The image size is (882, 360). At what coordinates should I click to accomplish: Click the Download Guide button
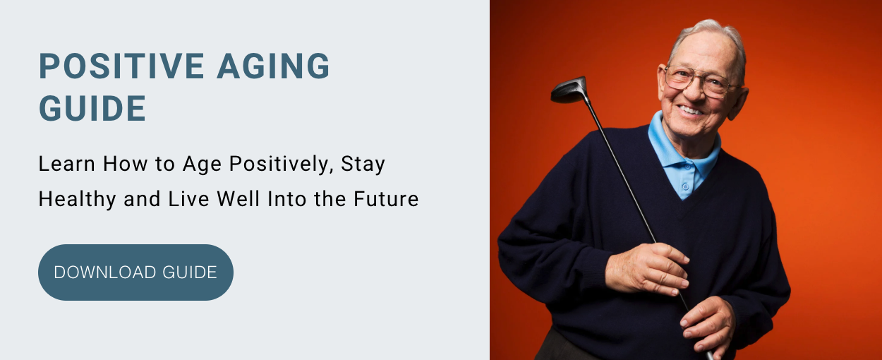coord(135,272)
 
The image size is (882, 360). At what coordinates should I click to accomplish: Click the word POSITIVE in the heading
coord(121,66)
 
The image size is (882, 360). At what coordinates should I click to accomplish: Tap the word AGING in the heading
coord(273,66)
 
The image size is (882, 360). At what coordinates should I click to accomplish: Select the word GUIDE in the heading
coord(92,108)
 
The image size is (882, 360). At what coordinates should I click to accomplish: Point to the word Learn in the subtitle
coord(67,164)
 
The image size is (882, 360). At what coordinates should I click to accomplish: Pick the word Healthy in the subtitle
coord(77,199)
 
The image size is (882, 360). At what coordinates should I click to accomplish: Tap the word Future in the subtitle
coord(386,199)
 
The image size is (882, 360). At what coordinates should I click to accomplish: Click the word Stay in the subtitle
coord(363,164)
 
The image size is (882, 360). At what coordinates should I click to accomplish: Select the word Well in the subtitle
coord(238,199)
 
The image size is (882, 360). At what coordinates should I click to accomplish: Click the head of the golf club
coord(569,90)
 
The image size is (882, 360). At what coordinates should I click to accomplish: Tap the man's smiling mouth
coord(691,111)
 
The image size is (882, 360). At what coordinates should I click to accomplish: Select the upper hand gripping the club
coord(647,269)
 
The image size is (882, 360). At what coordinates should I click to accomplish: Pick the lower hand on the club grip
coord(708,325)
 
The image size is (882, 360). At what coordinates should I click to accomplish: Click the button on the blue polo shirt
coord(686,186)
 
